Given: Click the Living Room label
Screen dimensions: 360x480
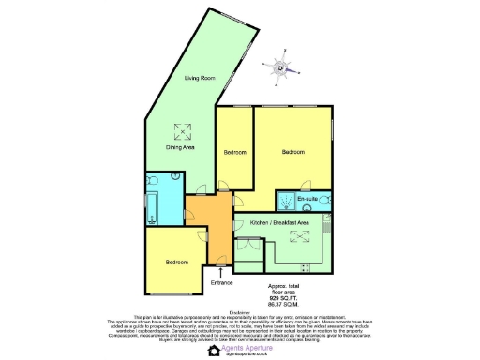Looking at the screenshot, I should tap(201, 78).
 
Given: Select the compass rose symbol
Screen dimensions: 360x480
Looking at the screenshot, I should tap(279, 67).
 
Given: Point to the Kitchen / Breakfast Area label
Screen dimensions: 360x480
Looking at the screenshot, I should tap(281, 222).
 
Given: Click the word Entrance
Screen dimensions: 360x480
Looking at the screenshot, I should tap(222, 281).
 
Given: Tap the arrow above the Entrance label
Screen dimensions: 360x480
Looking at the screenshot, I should tap(221, 271).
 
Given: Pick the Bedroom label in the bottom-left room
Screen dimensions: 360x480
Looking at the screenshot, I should tap(178, 262).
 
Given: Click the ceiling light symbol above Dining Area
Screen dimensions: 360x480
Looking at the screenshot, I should tap(180, 130).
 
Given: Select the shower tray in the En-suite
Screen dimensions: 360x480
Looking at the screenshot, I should tap(285, 202).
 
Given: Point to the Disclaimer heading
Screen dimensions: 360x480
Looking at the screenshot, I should tap(240, 312).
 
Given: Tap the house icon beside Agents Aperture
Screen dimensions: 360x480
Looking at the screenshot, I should tap(214, 350).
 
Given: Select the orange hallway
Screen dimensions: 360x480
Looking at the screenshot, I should tap(212, 225).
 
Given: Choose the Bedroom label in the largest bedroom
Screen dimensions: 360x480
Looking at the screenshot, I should tap(293, 151).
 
